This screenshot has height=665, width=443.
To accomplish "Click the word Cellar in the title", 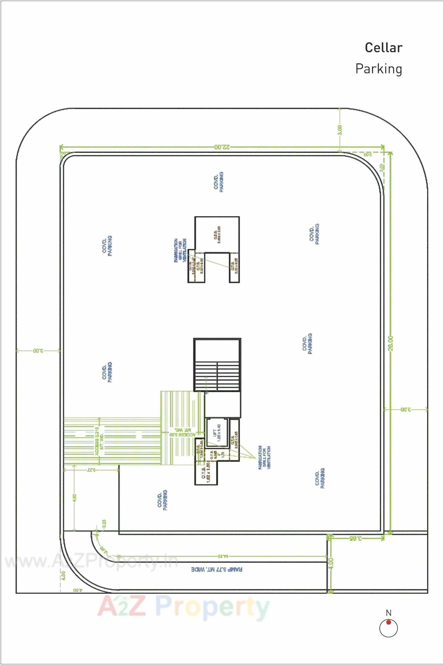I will [x=383, y=48].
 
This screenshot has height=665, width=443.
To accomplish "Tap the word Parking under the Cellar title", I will [x=379, y=69].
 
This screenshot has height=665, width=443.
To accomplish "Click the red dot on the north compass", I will [x=389, y=622].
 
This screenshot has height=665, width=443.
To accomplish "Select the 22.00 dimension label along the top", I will [x=222, y=147].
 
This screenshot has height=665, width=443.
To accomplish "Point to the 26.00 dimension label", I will [x=391, y=343].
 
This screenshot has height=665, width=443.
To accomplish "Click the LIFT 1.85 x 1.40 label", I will [x=217, y=433].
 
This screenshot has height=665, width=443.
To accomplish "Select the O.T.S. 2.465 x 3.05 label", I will [x=217, y=234].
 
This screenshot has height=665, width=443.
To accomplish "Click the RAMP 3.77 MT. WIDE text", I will [x=217, y=569].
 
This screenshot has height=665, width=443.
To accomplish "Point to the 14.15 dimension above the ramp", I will [x=223, y=556].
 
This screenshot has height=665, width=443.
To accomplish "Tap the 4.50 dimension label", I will [x=75, y=498].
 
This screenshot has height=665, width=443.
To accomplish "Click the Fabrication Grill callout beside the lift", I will [x=264, y=457].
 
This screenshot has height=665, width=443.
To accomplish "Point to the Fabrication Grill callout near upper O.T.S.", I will [x=180, y=250].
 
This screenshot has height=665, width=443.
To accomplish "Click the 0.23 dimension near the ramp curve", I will [x=104, y=524].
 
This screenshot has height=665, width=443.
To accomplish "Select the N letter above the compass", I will [x=389, y=613].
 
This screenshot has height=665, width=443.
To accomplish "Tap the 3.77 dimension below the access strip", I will [x=91, y=470].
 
